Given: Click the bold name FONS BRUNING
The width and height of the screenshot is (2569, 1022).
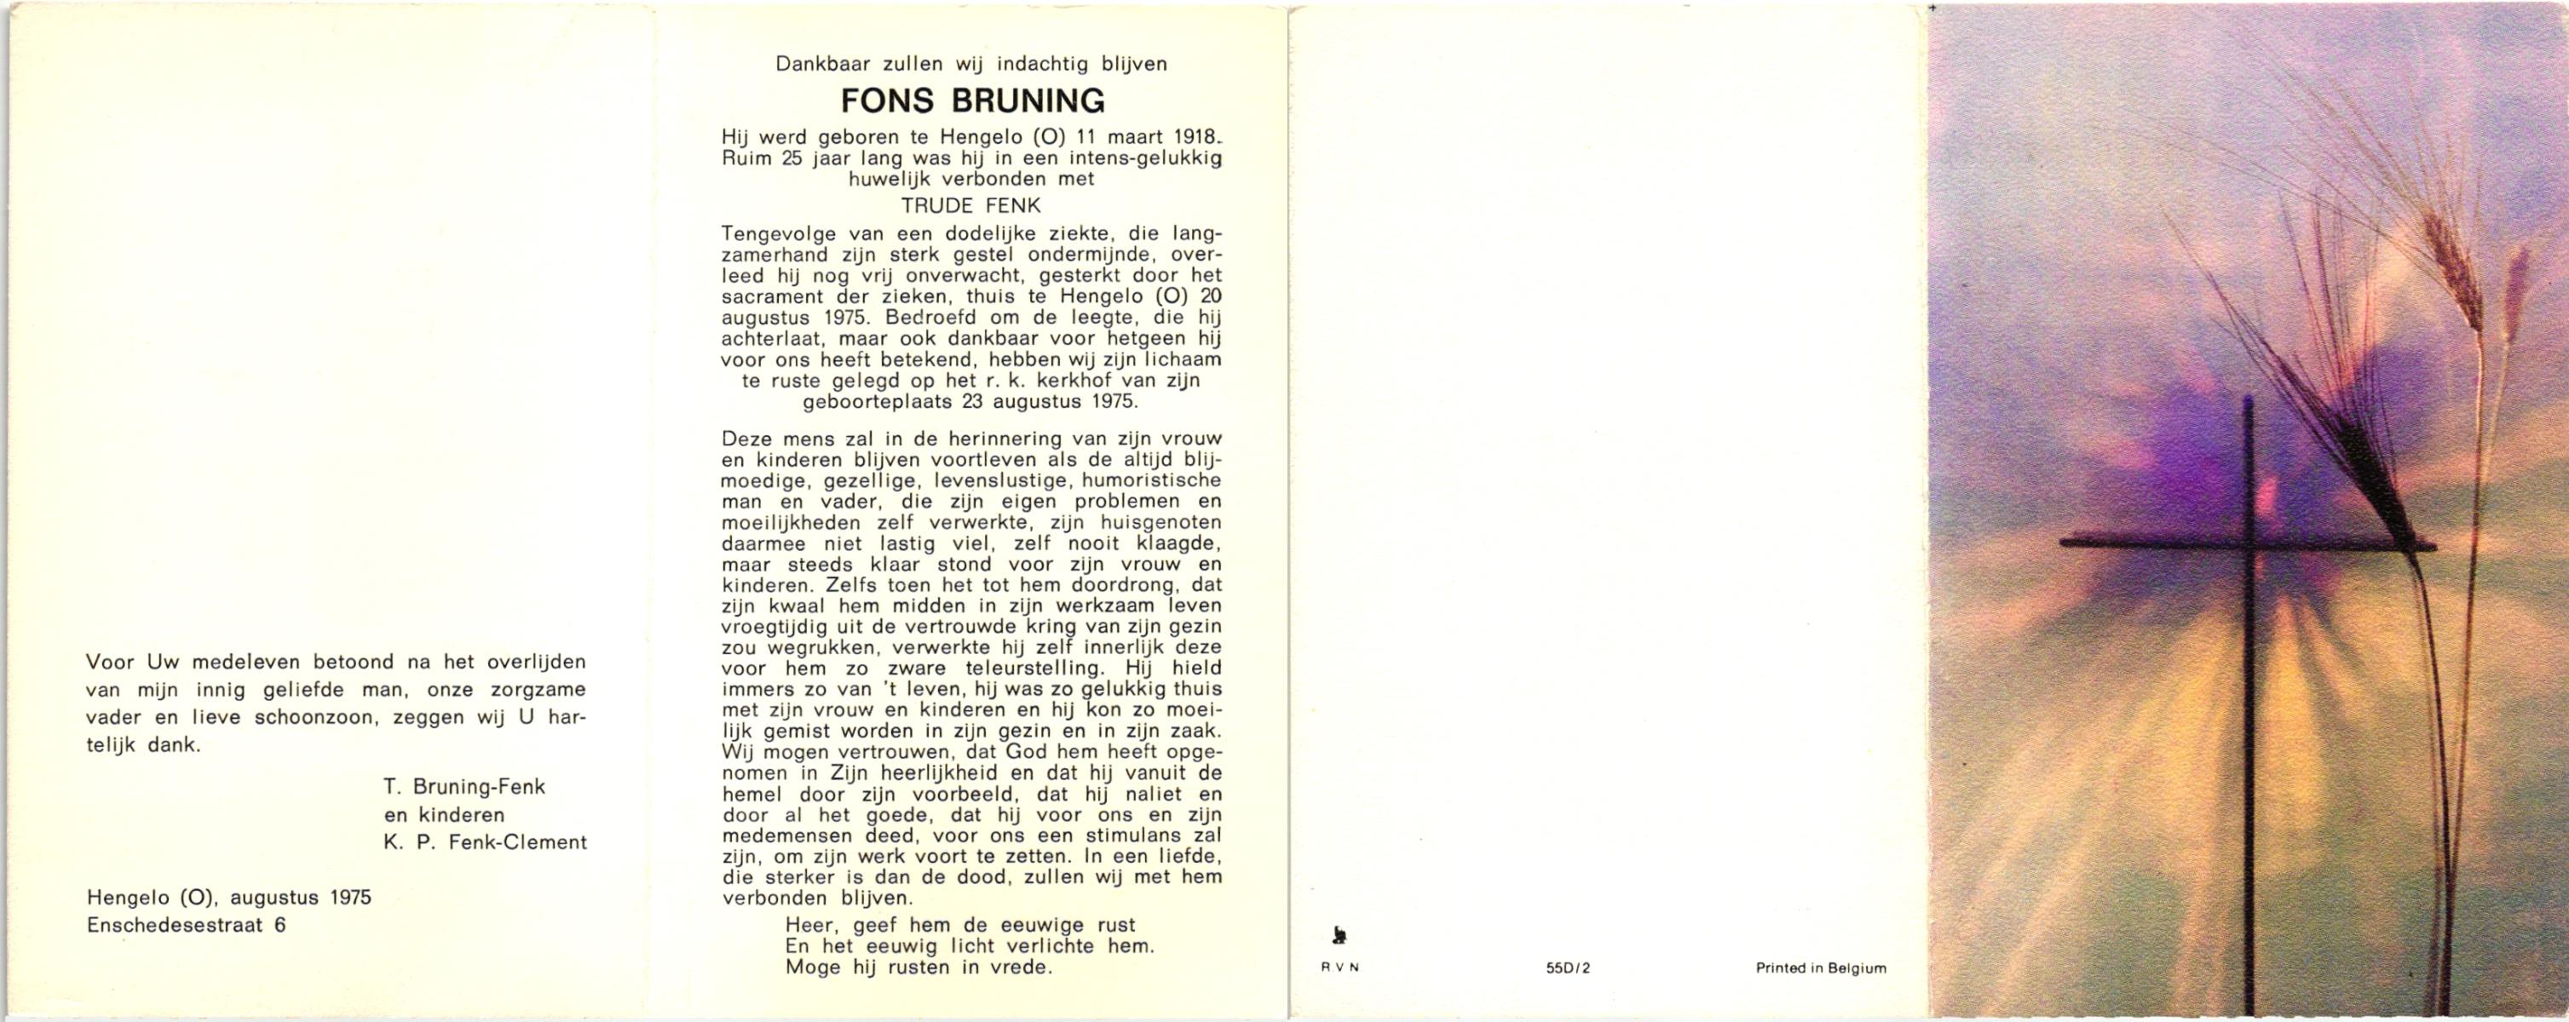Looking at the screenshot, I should pyautogui.click(x=972, y=101).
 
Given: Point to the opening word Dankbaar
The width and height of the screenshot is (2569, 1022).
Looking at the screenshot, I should pyautogui.click(x=825, y=65).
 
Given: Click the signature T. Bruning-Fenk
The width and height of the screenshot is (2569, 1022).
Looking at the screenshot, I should pyautogui.click(x=464, y=787).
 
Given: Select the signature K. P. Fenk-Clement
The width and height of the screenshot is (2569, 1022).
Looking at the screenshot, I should pyautogui.click(x=485, y=842).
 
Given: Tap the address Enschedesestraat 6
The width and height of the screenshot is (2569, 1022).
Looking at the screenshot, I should pyautogui.click(x=187, y=924).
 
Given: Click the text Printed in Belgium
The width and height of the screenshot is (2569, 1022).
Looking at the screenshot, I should pyautogui.click(x=1821, y=967).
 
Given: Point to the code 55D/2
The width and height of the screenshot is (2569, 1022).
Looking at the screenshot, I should pyautogui.click(x=1569, y=967).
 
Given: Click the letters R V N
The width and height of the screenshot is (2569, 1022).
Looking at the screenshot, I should pyautogui.click(x=1339, y=967).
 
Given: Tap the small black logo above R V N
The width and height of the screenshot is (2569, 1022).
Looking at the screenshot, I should pyautogui.click(x=1339, y=935).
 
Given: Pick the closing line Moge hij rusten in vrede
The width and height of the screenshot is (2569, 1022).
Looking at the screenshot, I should pyautogui.click(x=919, y=967).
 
